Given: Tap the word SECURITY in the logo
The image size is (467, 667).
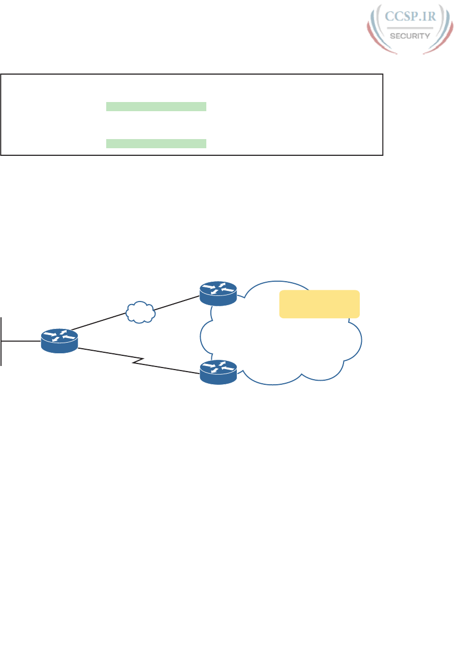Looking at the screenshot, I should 410,36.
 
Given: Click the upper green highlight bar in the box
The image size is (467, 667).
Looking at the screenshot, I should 156,106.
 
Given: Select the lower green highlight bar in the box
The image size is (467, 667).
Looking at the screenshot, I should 156,143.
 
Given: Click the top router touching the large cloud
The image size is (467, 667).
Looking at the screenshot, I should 219,293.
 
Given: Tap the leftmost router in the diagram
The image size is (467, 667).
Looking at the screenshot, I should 59,340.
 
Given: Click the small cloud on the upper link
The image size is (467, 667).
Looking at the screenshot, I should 140,312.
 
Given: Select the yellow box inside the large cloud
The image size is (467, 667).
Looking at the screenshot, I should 320,304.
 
